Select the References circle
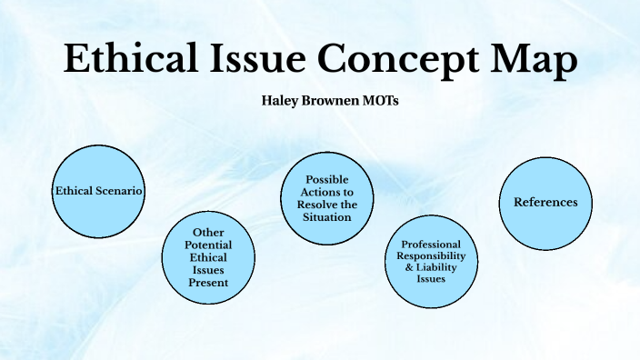(x=545, y=203)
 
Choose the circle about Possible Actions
(x=327, y=197)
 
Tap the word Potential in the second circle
(x=208, y=245)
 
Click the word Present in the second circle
(x=209, y=283)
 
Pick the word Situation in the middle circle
(x=327, y=218)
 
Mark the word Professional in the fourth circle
(x=431, y=245)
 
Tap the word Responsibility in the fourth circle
(x=431, y=256)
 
